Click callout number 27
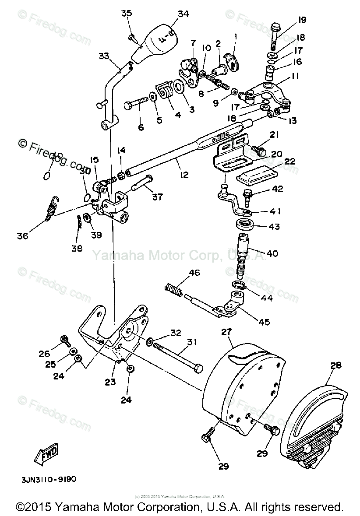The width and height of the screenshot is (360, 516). coord(226,332)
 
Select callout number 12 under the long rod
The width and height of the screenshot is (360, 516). coord(184,175)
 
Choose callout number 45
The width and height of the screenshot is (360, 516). coord(264,323)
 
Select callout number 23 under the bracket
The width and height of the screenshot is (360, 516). coord(109,382)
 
